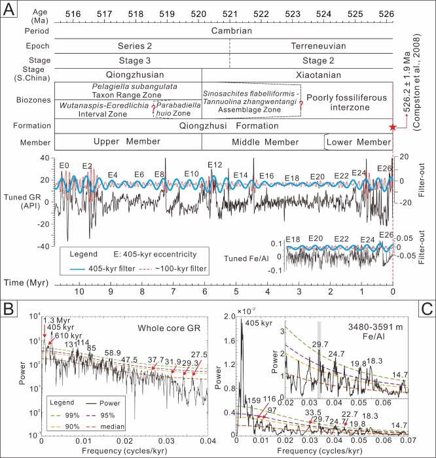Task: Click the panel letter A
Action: pos(10,11)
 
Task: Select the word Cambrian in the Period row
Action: pos(229,31)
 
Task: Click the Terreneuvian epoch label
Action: pos(310,46)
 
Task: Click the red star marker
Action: pos(392,127)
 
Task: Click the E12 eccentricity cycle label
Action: pos(215,165)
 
